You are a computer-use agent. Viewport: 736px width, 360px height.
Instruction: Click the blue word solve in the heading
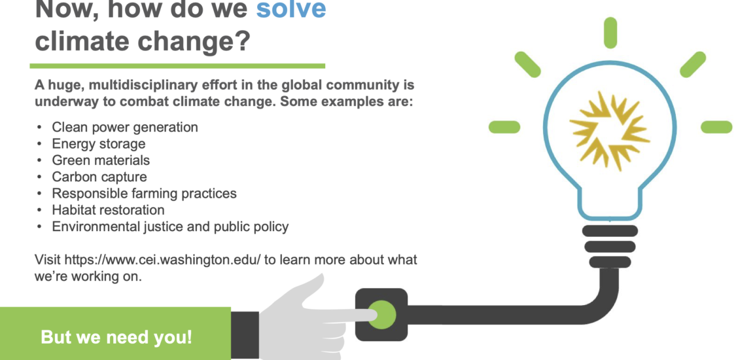pyautogui.click(x=291, y=9)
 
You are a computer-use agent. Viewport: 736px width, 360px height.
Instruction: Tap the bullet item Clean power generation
pyautogui.click(x=125, y=127)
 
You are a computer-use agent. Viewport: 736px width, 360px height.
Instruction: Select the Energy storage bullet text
pyautogui.click(x=99, y=143)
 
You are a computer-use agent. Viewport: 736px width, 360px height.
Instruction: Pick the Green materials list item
pyautogui.click(x=101, y=160)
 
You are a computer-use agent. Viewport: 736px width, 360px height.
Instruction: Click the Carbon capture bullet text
pyautogui.click(x=99, y=177)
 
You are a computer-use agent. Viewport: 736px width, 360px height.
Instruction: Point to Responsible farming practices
pyautogui.click(x=144, y=193)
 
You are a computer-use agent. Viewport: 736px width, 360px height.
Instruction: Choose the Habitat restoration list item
pyautogui.click(x=109, y=210)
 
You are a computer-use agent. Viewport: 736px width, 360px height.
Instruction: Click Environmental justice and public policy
pyautogui.click(x=170, y=226)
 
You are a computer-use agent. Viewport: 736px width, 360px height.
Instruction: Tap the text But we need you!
pyautogui.click(x=116, y=338)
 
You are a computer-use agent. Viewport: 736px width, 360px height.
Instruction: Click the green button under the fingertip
pyautogui.click(x=381, y=314)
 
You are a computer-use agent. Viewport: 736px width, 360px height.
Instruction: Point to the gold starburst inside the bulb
pyautogui.click(x=610, y=130)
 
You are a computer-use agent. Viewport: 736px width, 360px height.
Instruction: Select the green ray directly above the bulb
pyautogui.click(x=610, y=33)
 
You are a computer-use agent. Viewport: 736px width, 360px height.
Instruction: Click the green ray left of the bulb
pyautogui.click(x=504, y=127)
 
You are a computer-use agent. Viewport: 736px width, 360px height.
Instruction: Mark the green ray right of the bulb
pyautogui.click(x=716, y=127)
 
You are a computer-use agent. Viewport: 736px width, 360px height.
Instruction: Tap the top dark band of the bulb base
pyautogui.click(x=610, y=231)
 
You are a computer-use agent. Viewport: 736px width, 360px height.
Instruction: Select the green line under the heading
pyautogui.click(x=177, y=66)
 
